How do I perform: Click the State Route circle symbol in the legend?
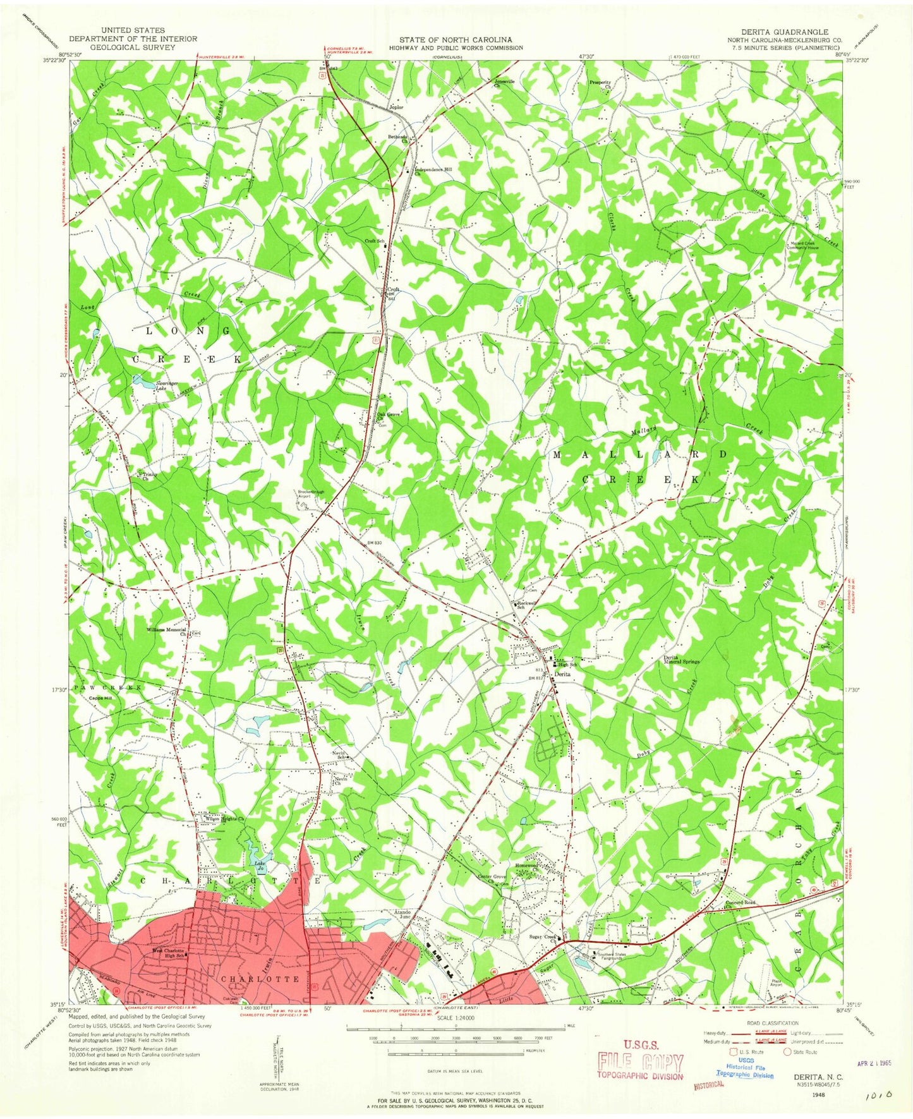click(787, 1052)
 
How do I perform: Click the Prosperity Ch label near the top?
click(601, 83)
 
